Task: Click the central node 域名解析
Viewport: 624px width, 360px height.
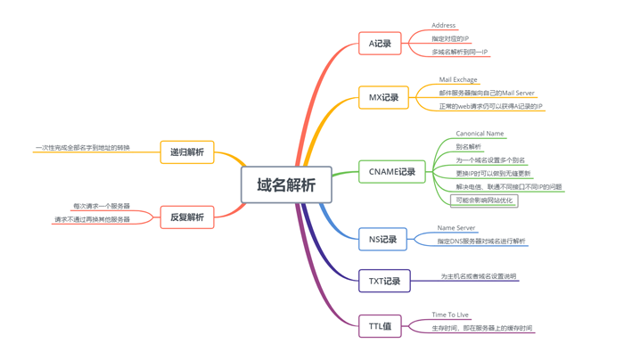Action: (286, 185)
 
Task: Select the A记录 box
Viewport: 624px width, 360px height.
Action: (380, 43)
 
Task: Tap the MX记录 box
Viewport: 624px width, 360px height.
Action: (383, 97)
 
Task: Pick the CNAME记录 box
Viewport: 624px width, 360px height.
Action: (391, 172)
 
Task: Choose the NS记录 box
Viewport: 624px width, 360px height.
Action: (382, 239)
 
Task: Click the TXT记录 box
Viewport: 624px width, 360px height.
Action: (384, 281)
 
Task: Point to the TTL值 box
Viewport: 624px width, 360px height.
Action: (380, 326)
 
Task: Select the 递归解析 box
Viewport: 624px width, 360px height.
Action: (187, 152)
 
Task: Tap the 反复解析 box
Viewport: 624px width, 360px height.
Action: (187, 217)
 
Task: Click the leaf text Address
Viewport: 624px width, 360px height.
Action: (443, 26)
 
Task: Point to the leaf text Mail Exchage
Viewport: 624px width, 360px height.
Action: (457, 80)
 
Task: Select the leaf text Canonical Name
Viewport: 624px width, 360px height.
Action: (480, 134)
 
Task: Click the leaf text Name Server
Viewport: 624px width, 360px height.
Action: (456, 228)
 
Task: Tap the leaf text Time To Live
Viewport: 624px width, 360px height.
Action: (449, 315)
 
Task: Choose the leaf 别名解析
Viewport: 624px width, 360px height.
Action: (468, 147)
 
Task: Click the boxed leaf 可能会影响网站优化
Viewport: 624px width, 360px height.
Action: (484, 200)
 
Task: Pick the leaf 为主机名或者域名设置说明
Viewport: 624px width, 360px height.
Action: (478, 276)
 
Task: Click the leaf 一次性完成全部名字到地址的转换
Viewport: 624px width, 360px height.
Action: (82, 147)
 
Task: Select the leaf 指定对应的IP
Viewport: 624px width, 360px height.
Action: (449, 39)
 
